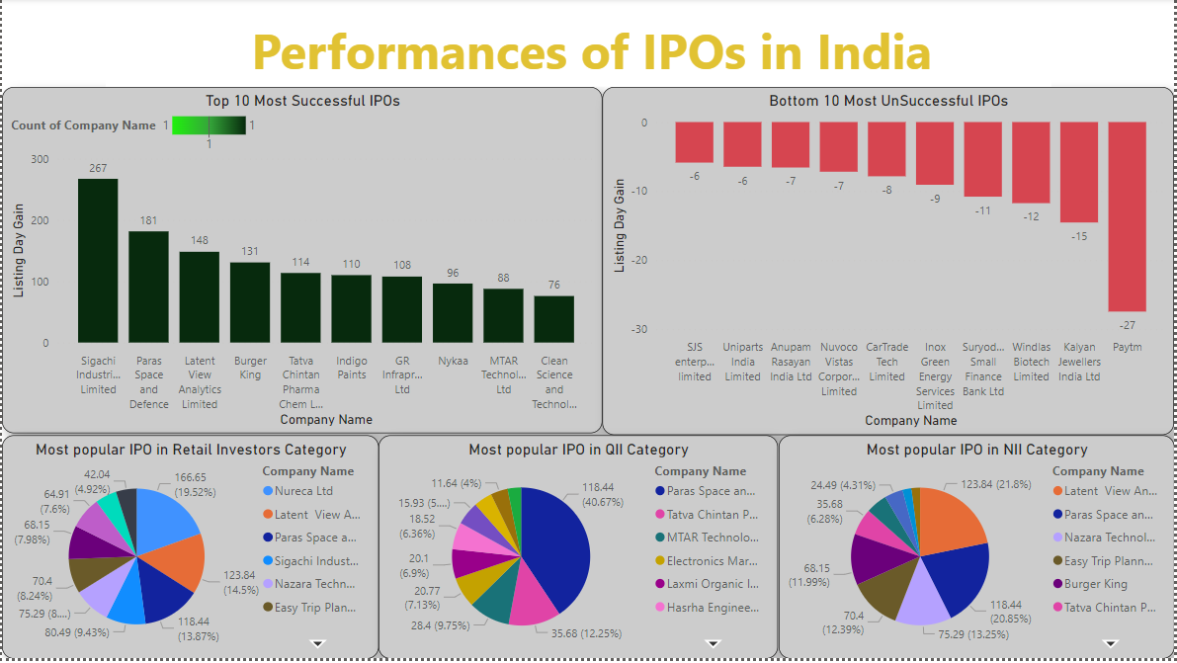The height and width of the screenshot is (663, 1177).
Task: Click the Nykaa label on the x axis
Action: (453, 362)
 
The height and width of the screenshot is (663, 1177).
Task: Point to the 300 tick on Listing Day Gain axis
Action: (40, 159)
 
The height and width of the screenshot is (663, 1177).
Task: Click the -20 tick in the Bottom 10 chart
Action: (641, 260)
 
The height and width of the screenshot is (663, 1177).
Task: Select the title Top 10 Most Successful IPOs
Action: (302, 101)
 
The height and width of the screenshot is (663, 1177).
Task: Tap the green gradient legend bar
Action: (209, 125)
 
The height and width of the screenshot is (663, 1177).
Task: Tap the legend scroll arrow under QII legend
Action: (714, 643)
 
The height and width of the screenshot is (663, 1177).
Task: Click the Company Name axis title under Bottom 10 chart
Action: (910, 420)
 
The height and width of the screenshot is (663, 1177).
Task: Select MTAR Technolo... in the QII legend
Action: (712, 538)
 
